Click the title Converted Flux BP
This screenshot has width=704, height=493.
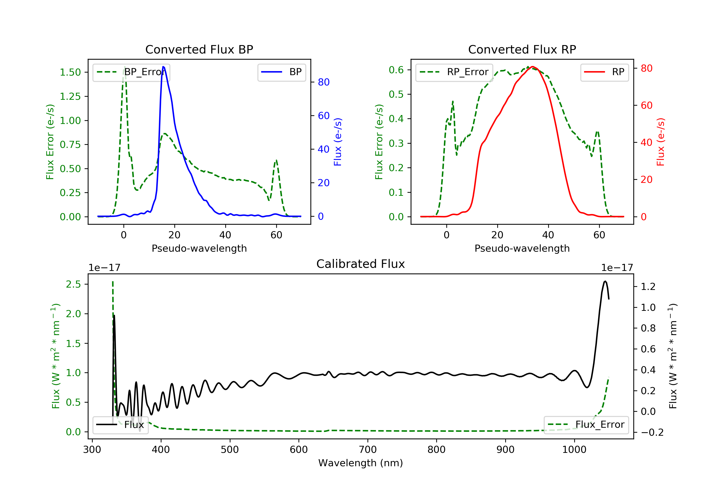coord(199,49)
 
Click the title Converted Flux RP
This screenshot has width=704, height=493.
coord(522,49)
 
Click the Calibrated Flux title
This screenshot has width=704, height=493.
coord(361,264)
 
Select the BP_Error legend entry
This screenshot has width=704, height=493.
coord(131,72)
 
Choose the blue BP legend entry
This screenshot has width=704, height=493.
coord(281,72)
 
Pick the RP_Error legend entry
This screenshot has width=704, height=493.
coord(454,72)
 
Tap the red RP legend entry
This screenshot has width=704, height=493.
coord(604,72)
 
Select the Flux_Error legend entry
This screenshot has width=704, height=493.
coord(586,425)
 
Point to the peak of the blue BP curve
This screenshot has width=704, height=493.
coord(163,67)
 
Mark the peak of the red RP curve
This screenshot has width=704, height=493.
coord(533,67)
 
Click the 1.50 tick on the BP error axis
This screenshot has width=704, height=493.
coord(70,72)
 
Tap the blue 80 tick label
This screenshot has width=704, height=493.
coord(324,82)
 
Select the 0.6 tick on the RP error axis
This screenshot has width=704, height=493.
coord(396,70)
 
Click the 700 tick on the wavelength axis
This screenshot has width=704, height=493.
coord(368,450)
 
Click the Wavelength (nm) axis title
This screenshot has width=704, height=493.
coord(361,463)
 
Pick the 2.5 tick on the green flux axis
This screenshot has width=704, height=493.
coord(73,284)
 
